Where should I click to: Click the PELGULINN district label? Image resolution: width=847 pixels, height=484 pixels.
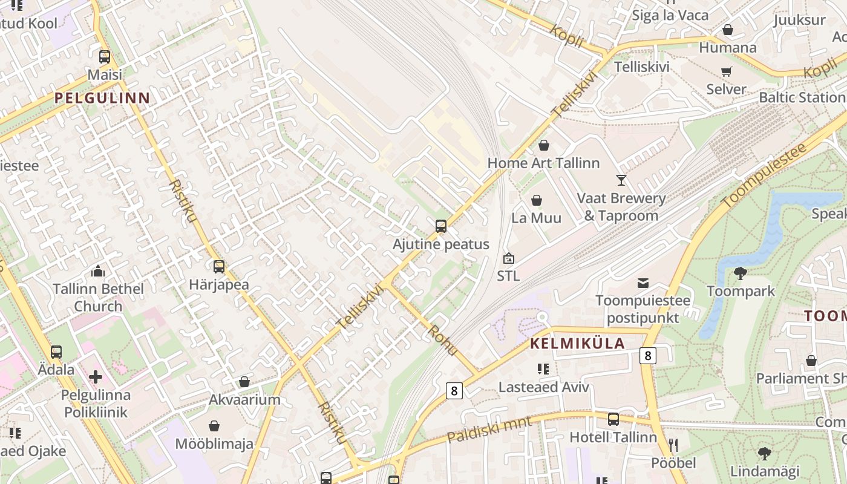pyautogui.click(x=102, y=97)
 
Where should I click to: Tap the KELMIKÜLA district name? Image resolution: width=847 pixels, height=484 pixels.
pyautogui.click(x=577, y=344)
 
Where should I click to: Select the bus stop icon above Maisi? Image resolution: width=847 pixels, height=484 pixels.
pyautogui.click(x=105, y=57)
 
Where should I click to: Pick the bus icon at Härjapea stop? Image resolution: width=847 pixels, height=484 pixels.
pyautogui.click(x=218, y=266)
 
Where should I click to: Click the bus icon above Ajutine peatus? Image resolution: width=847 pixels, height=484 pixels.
pyautogui.click(x=441, y=226)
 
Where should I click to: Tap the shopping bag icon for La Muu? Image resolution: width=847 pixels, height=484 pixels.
pyautogui.click(x=537, y=200)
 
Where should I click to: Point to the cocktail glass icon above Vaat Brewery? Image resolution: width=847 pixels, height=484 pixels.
pyautogui.click(x=621, y=180)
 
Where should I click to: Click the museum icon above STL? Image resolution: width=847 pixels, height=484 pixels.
pyautogui.click(x=509, y=258)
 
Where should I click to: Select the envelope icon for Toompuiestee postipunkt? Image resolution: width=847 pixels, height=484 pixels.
pyautogui.click(x=643, y=283)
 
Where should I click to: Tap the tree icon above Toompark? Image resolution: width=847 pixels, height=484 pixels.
pyautogui.click(x=740, y=273)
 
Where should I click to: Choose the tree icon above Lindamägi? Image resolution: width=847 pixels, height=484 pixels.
pyautogui.click(x=765, y=453)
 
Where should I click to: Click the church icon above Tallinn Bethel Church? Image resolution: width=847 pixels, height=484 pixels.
pyautogui.click(x=98, y=271)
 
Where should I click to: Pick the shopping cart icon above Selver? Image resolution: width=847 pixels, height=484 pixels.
pyautogui.click(x=727, y=71)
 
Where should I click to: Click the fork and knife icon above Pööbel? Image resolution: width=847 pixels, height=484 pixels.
pyautogui.click(x=673, y=445)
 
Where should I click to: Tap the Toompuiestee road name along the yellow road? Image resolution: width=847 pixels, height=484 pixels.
pyautogui.click(x=765, y=175)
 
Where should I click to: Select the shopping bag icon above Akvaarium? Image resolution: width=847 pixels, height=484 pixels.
pyautogui.click(x=244, y=382)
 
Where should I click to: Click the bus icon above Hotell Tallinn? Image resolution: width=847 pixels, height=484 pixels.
pyautogui.click(x=613, y=419)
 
